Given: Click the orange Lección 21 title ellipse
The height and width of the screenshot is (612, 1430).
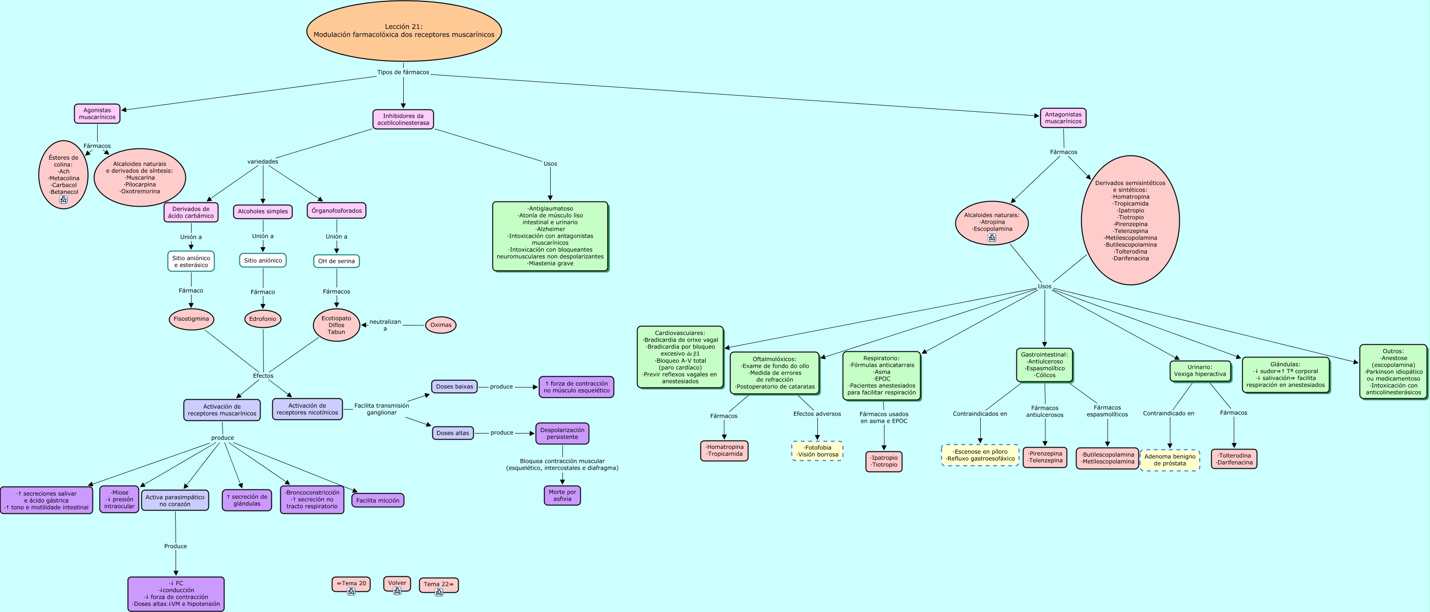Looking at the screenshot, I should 404,31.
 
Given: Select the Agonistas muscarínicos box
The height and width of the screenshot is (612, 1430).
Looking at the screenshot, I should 97,114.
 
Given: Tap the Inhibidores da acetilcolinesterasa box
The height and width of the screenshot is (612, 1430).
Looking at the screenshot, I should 403,119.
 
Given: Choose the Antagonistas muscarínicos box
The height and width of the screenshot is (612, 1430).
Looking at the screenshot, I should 1062,118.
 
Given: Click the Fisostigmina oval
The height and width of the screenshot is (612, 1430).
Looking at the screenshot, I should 191,319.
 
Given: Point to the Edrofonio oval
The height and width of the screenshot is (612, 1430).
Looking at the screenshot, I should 262,319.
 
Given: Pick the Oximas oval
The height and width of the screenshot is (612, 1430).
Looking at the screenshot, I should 441,325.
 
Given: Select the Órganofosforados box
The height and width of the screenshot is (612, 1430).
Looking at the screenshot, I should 337,210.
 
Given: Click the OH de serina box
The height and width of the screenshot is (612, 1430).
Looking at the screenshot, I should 337,261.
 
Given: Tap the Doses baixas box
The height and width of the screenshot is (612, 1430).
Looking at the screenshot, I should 454,387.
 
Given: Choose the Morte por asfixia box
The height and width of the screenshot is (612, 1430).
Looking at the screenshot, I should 562,496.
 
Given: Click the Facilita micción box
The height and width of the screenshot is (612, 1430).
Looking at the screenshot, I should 377,500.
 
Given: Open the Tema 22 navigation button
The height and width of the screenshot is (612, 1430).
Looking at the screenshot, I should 438,584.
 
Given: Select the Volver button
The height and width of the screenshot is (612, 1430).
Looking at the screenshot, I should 397,583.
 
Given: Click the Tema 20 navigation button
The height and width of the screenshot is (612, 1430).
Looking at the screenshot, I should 351,584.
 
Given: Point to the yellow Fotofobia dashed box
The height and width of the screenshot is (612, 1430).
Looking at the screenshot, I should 817,451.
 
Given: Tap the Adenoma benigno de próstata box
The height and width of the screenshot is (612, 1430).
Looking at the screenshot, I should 1169,460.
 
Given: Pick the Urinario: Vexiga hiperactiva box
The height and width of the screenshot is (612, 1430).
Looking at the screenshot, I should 1199,371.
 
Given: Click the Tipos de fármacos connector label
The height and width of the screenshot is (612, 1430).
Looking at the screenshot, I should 403,72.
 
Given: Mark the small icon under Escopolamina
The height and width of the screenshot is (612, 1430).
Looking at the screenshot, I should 992,238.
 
